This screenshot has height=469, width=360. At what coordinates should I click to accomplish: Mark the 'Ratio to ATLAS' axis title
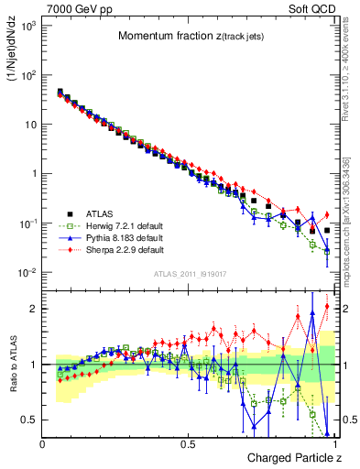13,366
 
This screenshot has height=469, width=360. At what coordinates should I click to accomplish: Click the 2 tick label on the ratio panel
33,309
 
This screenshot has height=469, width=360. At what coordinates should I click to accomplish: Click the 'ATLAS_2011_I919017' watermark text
187,274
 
